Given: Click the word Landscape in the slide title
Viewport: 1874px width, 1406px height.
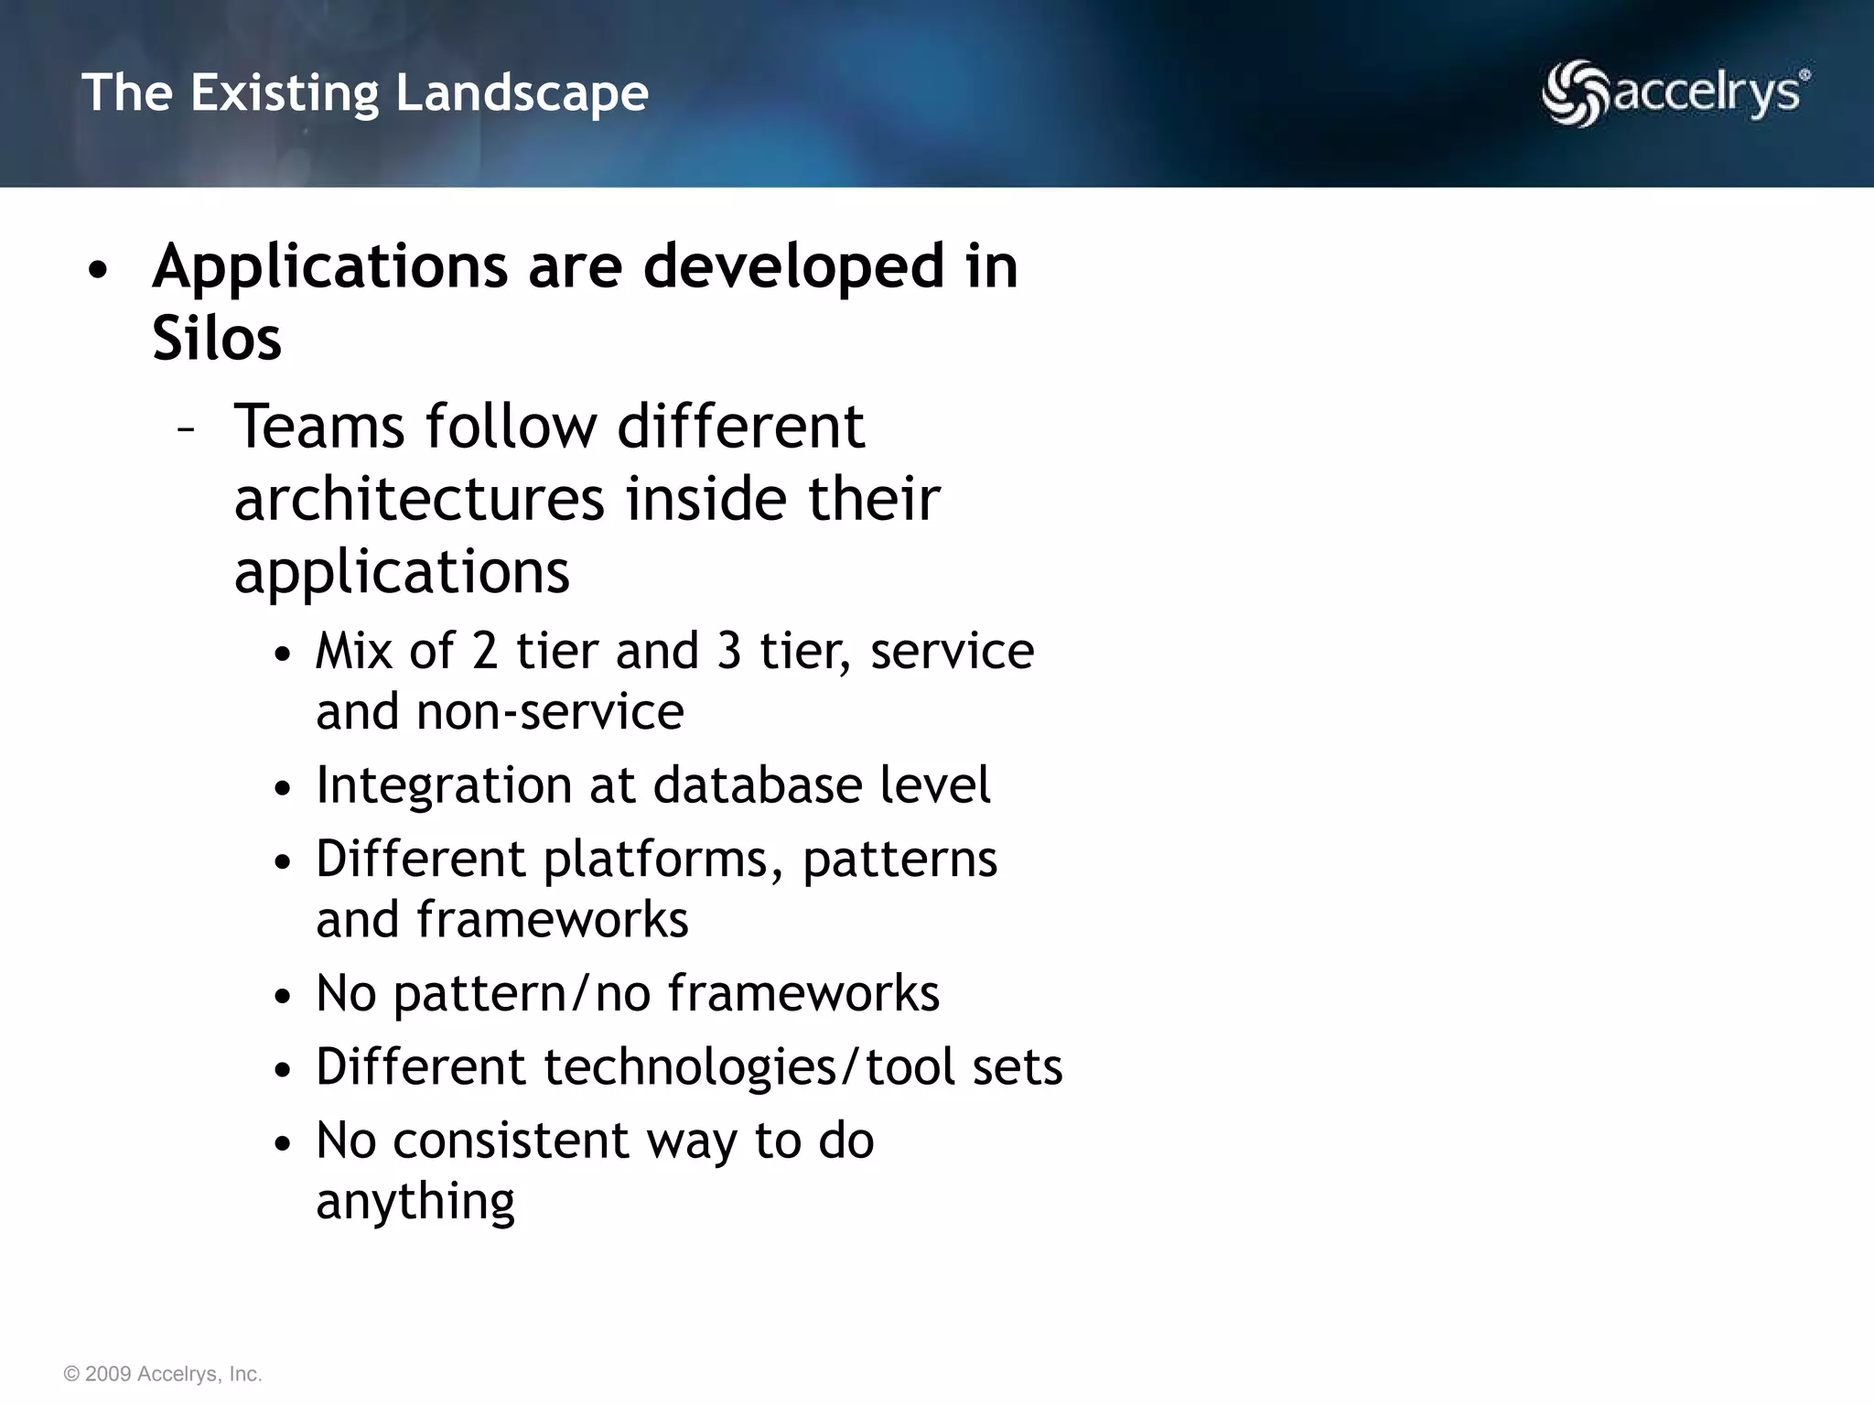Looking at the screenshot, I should click(522, 94).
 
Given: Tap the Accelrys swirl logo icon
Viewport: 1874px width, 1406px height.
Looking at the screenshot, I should click(1574, 92).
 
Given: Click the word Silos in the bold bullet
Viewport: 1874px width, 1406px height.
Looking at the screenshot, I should click(217, 339).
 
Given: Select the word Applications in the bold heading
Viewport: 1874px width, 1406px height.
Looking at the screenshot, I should click(329, 266).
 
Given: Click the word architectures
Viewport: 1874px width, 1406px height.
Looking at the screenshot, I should click(419, 500).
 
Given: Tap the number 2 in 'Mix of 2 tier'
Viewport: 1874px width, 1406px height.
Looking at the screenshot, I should click(485, 651).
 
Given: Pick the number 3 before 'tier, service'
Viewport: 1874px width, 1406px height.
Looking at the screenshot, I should click(729, 651).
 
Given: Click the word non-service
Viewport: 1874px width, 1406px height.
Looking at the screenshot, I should click(550, 712).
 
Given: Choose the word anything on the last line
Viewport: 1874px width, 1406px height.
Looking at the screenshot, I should click(415, 1202).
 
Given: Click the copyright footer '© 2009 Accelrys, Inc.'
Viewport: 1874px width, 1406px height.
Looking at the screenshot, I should click(163, 1374).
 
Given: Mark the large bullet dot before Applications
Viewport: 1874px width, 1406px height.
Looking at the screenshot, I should click(98, 271).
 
